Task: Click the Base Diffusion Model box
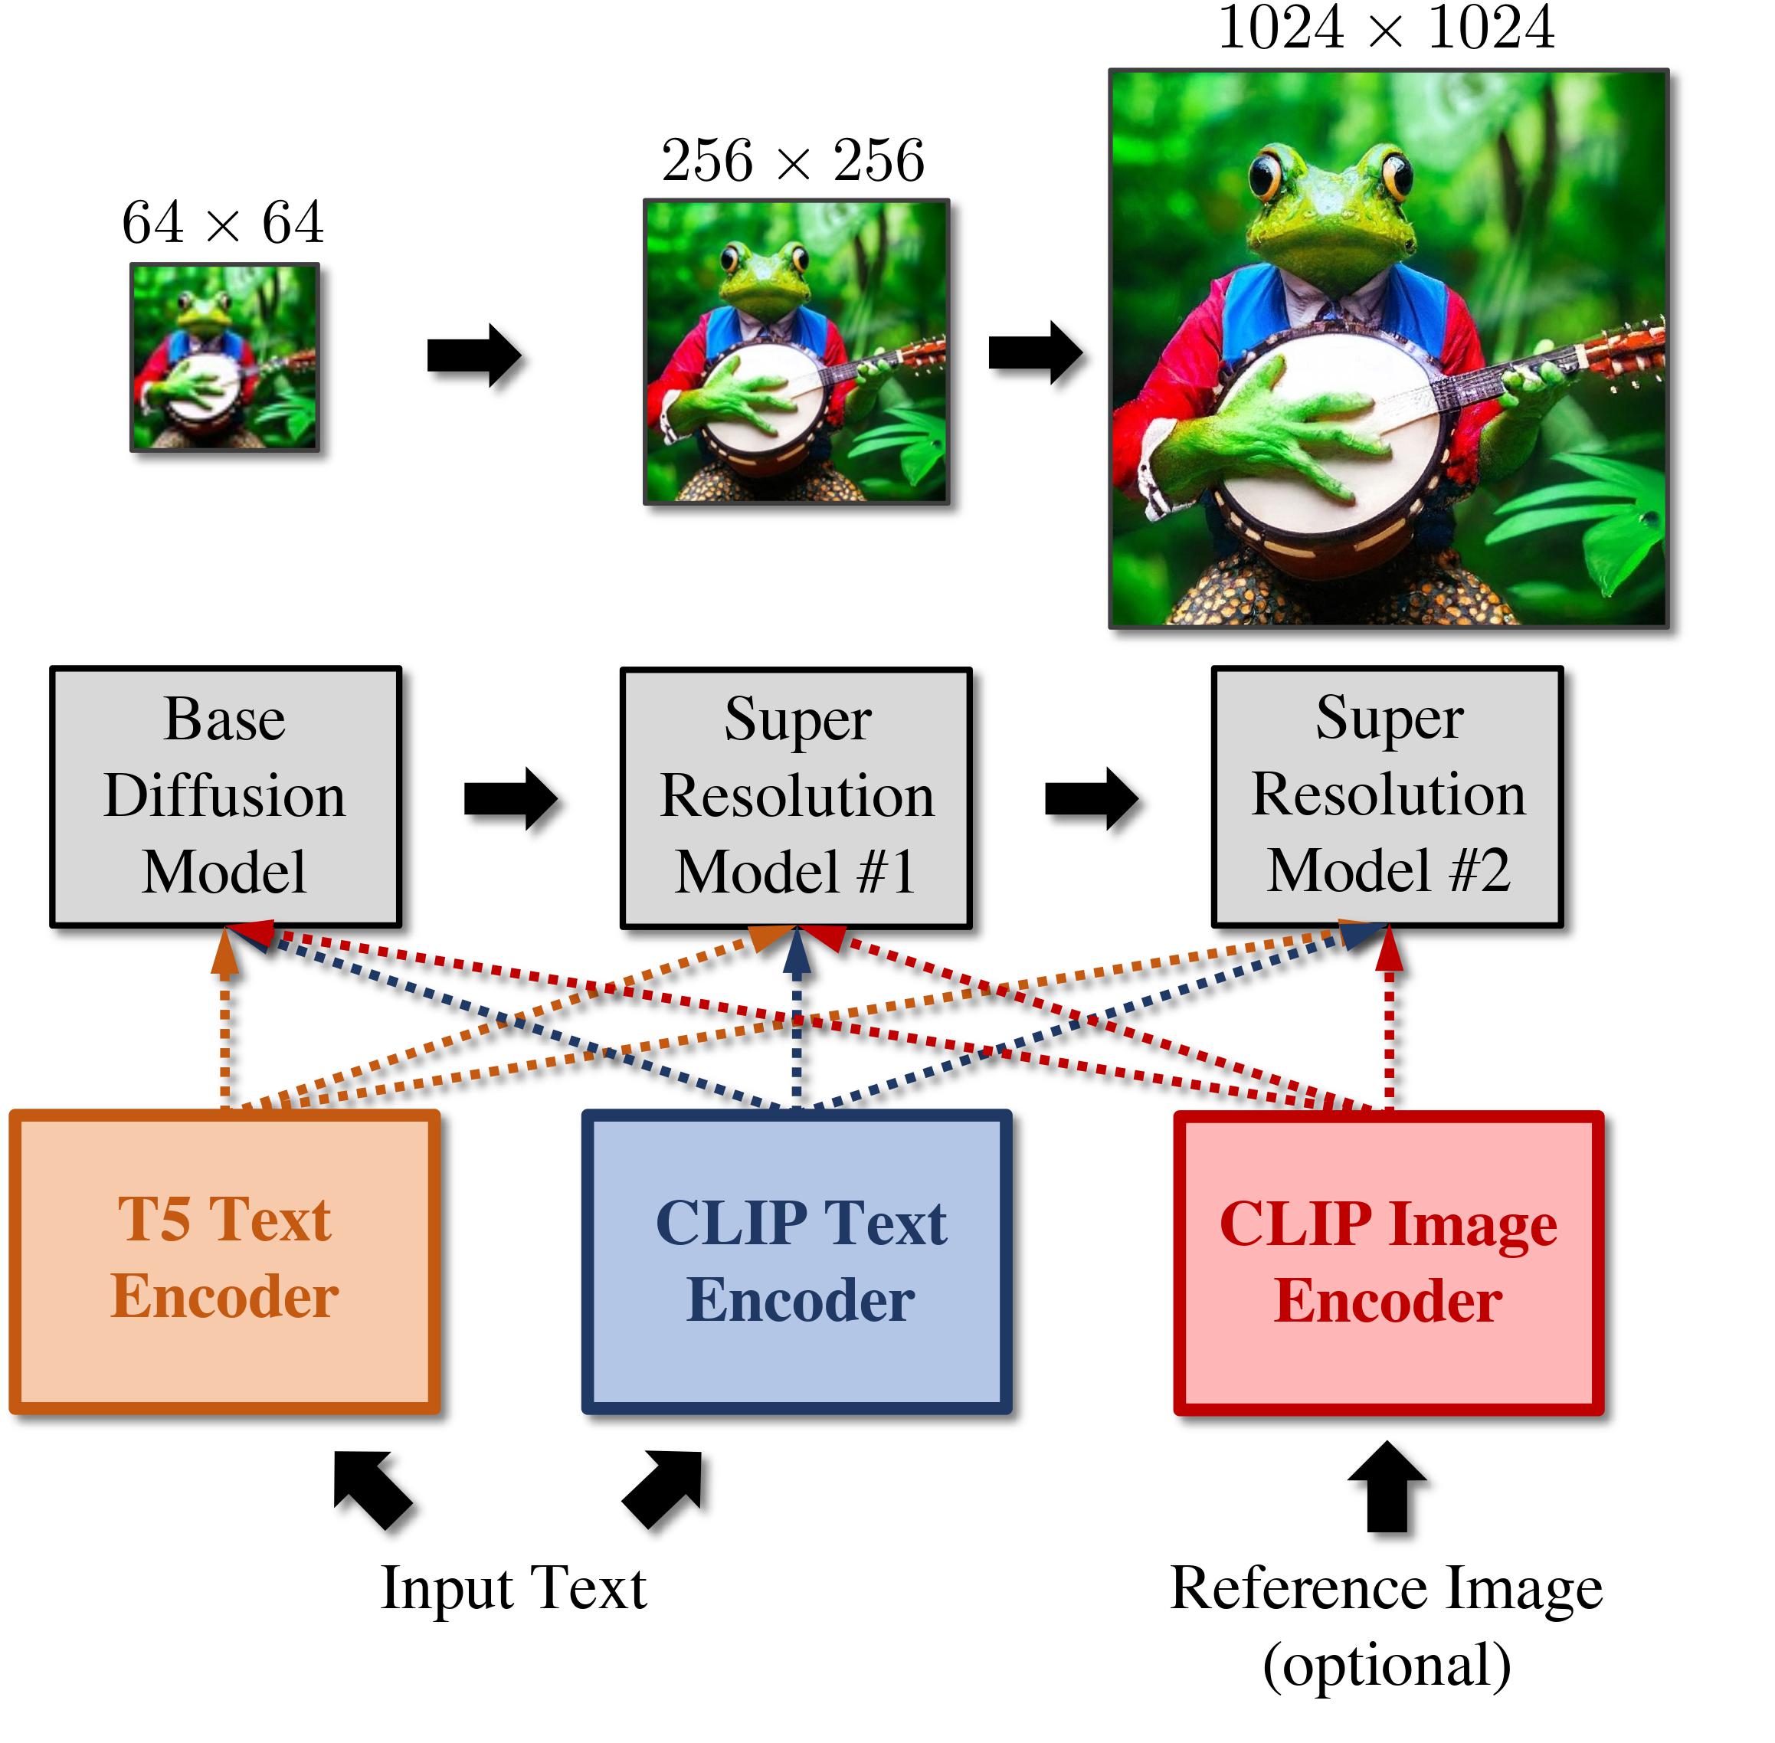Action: [225, 795]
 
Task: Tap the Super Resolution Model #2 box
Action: [1386, 795]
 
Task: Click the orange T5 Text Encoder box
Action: [224, 1260]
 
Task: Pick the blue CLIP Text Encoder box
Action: [797, 1260]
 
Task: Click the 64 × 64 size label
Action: [222, 222]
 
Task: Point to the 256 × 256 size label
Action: [793, 160]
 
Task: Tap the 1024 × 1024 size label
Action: [1385, 28]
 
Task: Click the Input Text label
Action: [513, 1588]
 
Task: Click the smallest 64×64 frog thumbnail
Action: [224, 357]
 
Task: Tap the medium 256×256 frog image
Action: [795, 352]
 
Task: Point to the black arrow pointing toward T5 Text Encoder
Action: [371, 1488]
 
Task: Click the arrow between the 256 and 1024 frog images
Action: [1034, 352]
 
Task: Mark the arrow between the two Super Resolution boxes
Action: [1091, 798]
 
